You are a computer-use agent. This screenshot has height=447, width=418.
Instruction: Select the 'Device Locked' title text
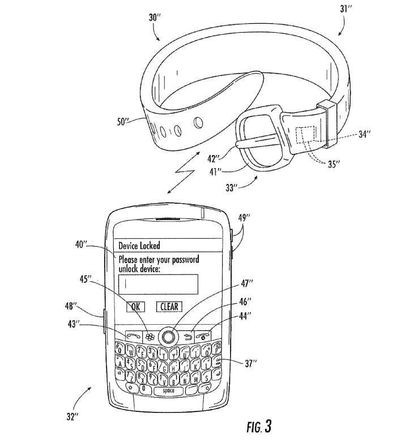139,246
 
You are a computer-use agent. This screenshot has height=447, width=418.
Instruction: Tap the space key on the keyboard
168,390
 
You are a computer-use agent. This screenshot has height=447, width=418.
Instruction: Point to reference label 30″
155,19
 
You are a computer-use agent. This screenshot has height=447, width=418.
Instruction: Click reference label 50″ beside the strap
123,121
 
